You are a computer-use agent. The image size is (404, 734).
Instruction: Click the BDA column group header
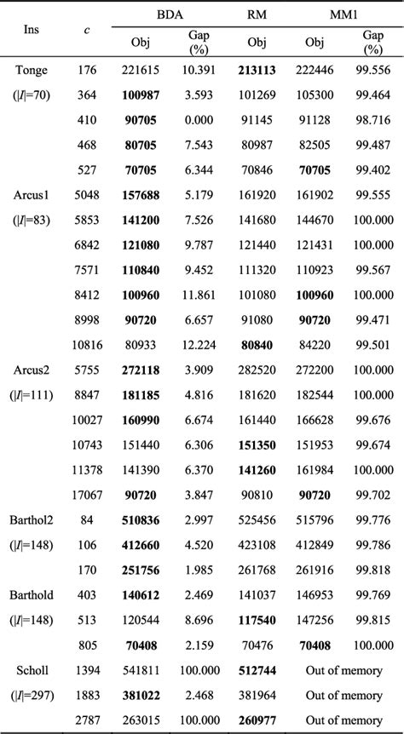(170, 14)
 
